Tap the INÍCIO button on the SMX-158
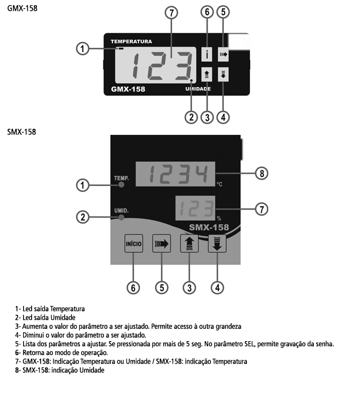coord(133,243)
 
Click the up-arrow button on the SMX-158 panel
coord(189,243)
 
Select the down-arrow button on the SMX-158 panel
coord(217,243)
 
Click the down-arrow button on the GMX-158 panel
coord(223,75)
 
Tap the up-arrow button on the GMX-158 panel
coord(206,75)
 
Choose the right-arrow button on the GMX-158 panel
coord(223,54)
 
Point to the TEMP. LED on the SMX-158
coord(121,184)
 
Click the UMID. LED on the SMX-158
coord(121,217)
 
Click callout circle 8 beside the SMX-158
coord(262,173)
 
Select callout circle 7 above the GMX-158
coord(171,13)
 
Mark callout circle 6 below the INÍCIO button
coord(133,288)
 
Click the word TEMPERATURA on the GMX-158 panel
coord(131,42)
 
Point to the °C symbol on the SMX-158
coord(219,184)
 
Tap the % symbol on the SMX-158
coord(219,219)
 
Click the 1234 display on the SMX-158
coord(175,174)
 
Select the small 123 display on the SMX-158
coord(195,208)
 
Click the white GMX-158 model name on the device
coord(128,89)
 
